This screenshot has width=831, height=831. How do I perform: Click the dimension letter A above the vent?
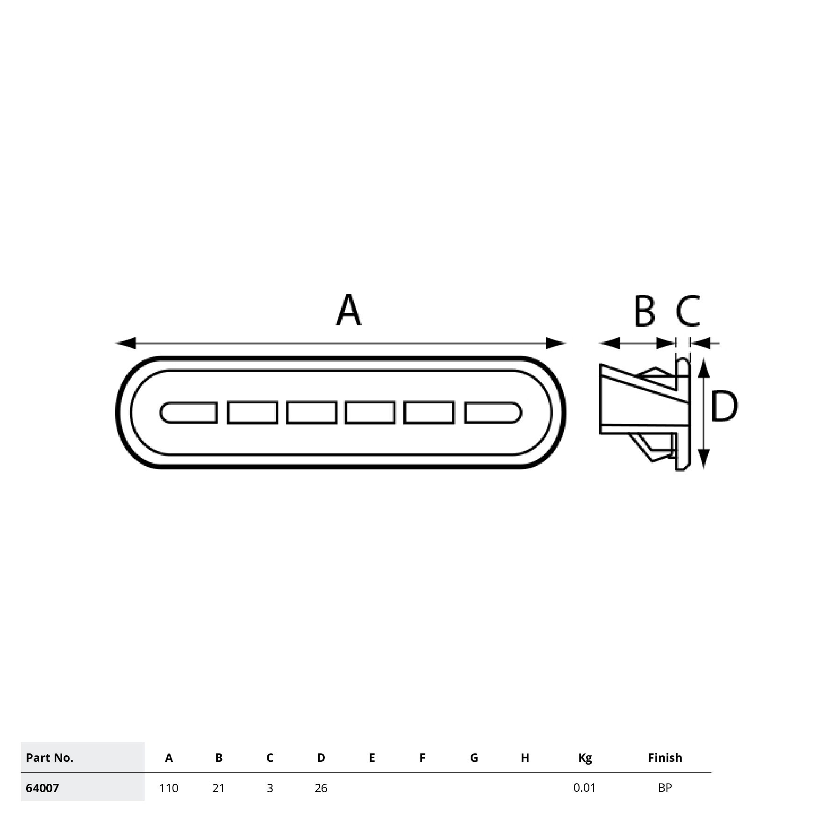click(x=349, y=310)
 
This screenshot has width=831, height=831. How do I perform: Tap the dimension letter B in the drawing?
click(x=645, y=311)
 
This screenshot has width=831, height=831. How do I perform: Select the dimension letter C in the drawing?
click(x=688, y=310)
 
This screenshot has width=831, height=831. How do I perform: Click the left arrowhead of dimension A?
click(x=126, y=344)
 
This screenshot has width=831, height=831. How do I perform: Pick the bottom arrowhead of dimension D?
click(x=704, y=458)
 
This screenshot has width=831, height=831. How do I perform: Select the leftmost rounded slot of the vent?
click(x=188, y=413)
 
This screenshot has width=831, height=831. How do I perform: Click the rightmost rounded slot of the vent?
click(x=493, y=413)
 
